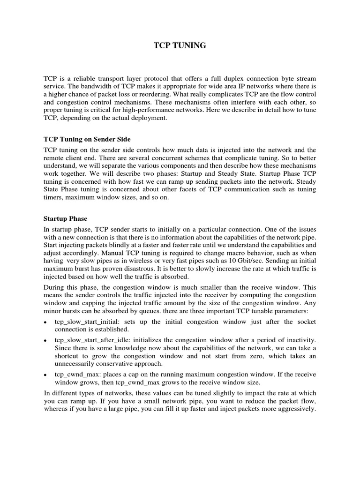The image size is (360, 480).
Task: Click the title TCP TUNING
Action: point(180,45)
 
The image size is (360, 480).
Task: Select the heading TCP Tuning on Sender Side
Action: point(87,139)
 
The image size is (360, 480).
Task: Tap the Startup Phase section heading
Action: point(65,218)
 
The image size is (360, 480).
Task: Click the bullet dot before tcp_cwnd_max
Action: point(45,375)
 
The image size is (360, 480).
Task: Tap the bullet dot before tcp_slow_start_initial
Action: point(45,322)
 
